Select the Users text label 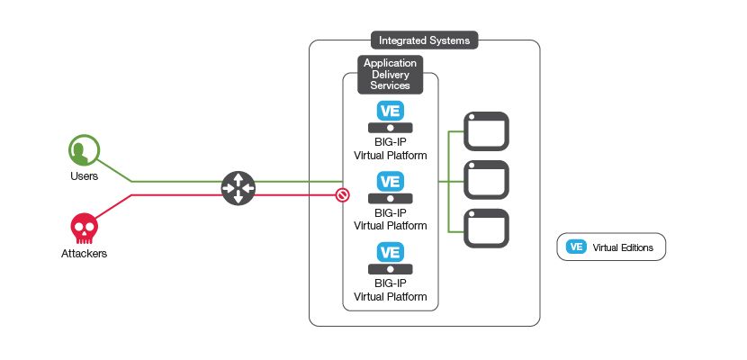[x=84, y=176]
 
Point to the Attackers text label [x=84, y=255]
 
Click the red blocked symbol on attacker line [x=342, y=194]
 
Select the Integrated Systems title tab [x=423, y=40]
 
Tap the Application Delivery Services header [x=390, y=75]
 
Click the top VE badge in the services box [x=390, y=111]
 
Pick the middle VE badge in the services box [x=390, y=181]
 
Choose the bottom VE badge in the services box [x=390, y=253]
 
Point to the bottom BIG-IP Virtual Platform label [x=390, y=291]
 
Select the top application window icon [x=486, y=130]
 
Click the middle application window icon [x=486, y=179]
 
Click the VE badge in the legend [x=576, y=247]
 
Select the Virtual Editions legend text [x=623, y=247]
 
